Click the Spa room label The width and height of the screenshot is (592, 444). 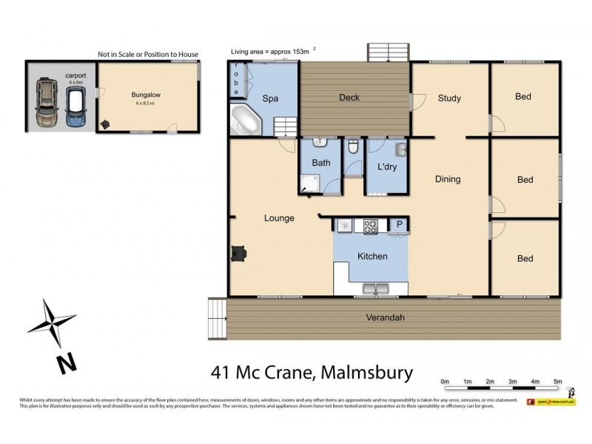click(x=270, y=98)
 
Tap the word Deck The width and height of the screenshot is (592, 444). click(x=349, y=98)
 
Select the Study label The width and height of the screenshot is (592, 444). click(x=449, y=98)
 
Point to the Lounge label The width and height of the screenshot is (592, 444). click(x=280, y=218)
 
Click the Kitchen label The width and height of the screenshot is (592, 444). click(x=372, y=256)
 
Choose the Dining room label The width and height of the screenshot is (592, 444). click(x=448, y=179)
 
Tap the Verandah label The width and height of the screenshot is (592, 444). click(x=385, y=318)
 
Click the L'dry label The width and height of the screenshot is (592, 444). click(x=387, y=166)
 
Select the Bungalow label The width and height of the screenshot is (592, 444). click(x=147, y=95)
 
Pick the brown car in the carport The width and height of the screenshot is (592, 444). click(x=46, y=103)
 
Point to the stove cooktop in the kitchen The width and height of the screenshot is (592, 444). click(x=370, y=226)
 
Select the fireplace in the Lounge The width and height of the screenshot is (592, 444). click(x=238, y=254)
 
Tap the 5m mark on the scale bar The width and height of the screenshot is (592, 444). click(x=558, y=381)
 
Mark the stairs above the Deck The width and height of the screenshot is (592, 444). click(x=387, y=52)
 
